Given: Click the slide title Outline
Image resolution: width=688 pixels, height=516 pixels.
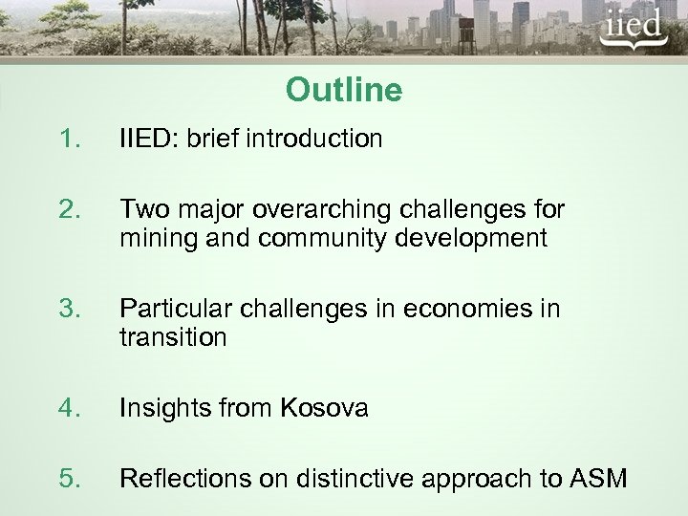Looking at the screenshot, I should (x=343, y=91).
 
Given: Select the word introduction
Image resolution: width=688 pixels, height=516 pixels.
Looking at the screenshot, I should (x=314, y=140).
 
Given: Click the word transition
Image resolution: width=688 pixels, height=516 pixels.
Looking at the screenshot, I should (x=173, y=338).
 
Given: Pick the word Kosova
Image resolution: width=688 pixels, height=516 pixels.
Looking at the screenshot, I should (x=324, y=409).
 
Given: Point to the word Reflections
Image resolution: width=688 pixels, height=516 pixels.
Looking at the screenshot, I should (x=179, y=479).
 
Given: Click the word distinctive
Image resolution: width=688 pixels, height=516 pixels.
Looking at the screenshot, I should (x=348, y=479).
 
